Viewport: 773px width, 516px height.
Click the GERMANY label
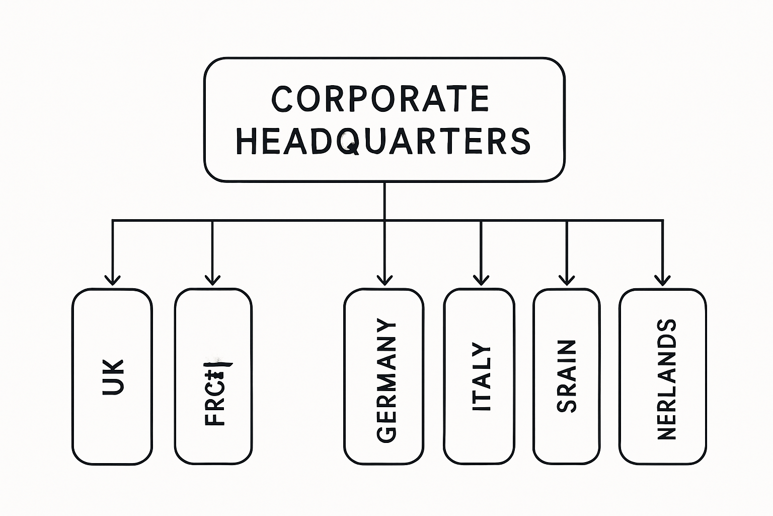(x=386, y=380)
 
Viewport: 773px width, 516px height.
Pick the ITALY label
(x=481, y=377)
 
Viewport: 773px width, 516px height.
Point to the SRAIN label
(x=567, y=376)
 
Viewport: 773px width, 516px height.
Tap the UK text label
(x=113, y=377)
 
